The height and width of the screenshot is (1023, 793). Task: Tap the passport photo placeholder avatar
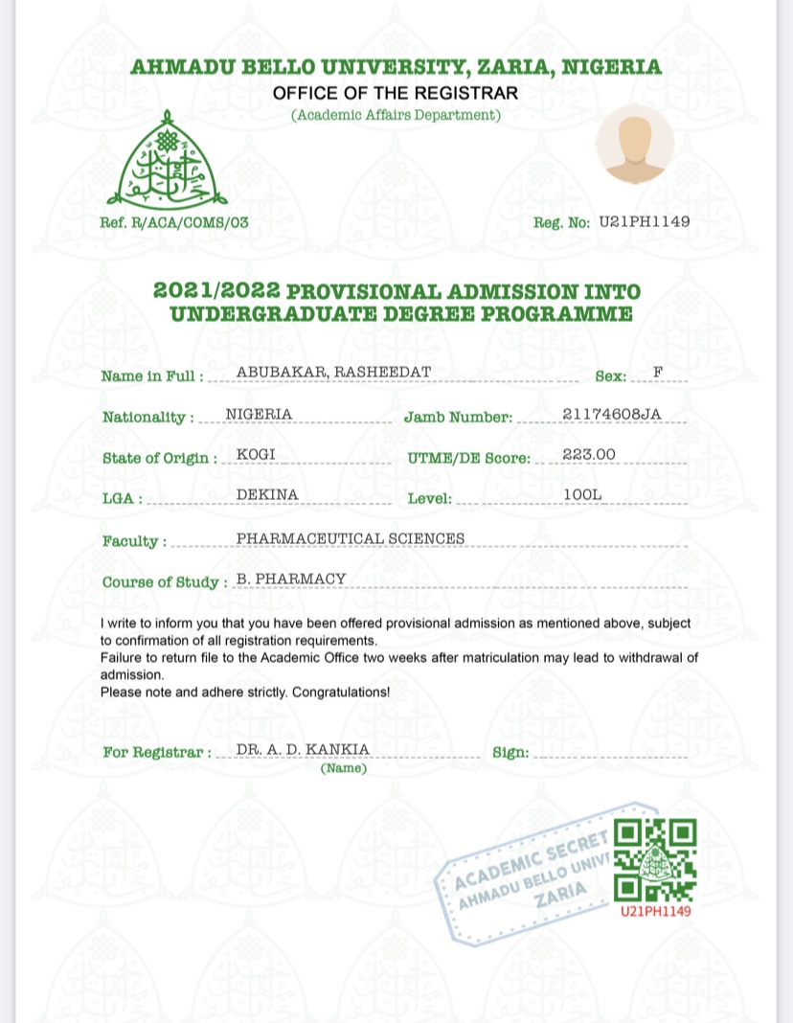[x=634, y=145]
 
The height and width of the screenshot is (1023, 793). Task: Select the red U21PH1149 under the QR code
[x=655, y=911]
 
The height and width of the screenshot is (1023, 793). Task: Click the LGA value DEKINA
[x=267, y=494]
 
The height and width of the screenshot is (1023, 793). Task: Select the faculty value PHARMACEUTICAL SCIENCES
[x=350, y=538]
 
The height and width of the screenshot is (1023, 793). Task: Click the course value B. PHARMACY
[x=291, y=579]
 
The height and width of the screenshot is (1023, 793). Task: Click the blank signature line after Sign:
[x=609, y=756]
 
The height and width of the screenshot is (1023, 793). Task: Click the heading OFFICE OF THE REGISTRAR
[x=396, y=93]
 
